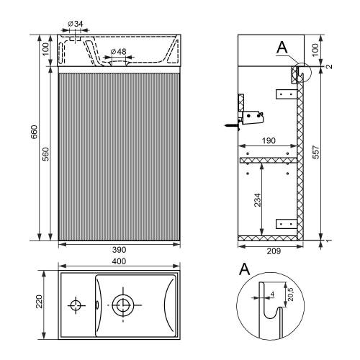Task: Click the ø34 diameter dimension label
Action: [x=76, y=24]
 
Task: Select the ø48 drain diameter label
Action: [x=119, y=51]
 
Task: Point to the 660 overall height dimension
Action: [x=34, y=132]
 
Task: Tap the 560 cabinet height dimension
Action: [x=45, y=154]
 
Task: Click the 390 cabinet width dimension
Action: [x=120, y=250]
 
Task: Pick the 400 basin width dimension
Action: [x=120, y=261]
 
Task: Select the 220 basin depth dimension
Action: [x=39, y=302]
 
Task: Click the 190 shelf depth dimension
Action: [x=269, y=140]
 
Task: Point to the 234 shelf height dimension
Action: [x=257, y=200]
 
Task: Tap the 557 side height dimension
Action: [x=316, y=152]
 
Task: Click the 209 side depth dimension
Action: [x=274, y=251]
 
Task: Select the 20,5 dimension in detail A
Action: [x=290, y=294]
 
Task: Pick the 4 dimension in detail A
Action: [x=272, y=294]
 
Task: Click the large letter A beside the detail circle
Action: [x=245, y=269]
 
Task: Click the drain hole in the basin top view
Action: [x=123, y=305]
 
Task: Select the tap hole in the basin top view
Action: [x=76, y=305]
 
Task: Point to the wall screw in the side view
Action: [x=233, y=125]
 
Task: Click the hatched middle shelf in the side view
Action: [x=269, y=161]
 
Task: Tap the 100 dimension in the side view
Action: [x=316, y=50]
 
